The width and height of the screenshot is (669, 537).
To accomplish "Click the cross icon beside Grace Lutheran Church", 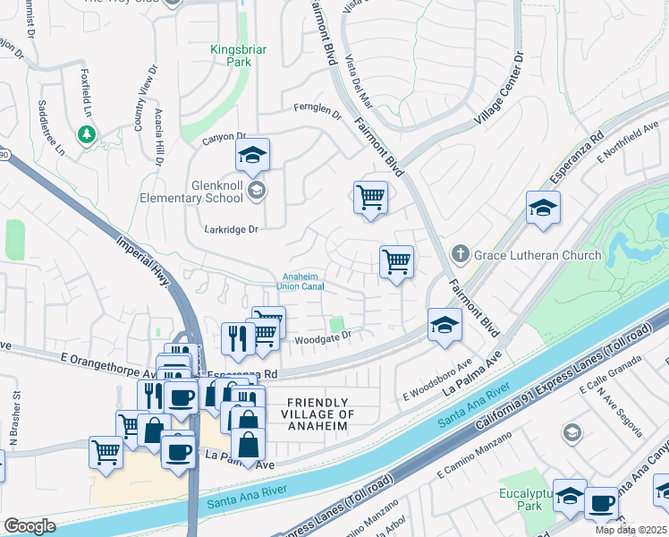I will (x=461, y=255).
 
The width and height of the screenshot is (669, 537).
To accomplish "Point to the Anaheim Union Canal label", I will (x=303, y=281).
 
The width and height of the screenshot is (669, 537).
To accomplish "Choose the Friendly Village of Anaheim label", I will (x=318, y=414).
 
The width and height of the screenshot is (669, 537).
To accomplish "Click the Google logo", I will (x=30, y=526).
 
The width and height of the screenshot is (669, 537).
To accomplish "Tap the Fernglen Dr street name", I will (x=318, y=111).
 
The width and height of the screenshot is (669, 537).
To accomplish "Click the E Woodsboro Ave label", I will (x=437, y=382).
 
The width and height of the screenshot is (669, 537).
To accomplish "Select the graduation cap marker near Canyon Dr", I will (x=253, y=156).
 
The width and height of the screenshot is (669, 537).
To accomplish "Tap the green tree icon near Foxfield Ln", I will (x=87, y=134).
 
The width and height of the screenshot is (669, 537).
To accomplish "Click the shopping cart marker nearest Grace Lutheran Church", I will (x=396, y=262).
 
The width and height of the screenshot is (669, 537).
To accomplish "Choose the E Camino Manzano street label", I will (x=473, y=455).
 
